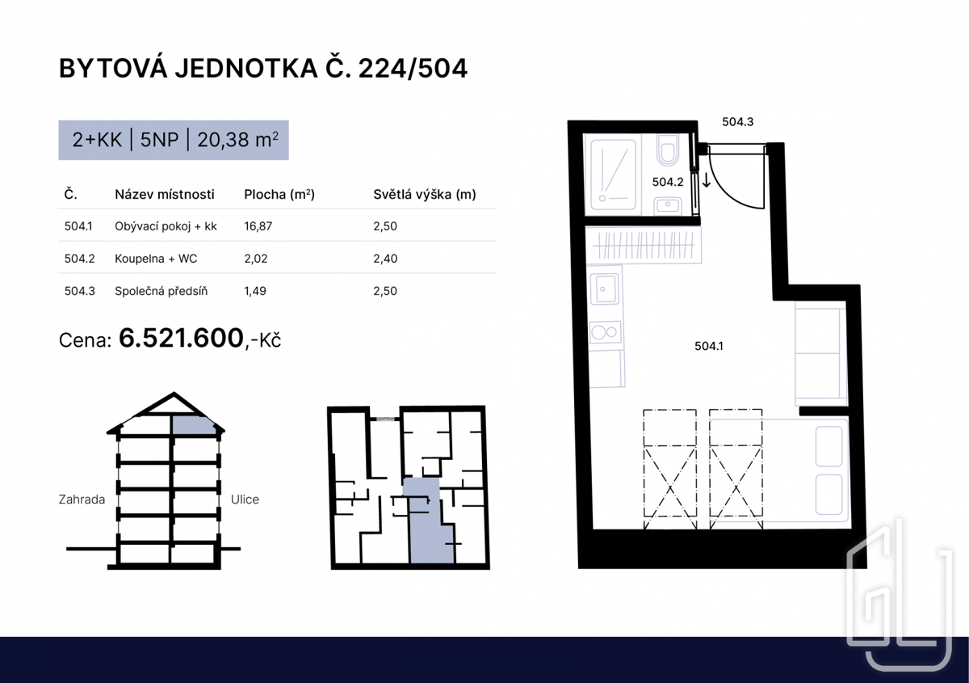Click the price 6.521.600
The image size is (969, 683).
(x=181, y=338)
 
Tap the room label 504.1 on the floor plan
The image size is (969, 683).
(x=709, y=346)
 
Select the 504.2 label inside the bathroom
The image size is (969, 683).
(x=668, y=182)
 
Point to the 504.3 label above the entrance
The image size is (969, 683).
(x=737, y=122)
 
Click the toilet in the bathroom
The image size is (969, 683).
(x=668, y=150)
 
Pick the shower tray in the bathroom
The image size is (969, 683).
(x=613, y=175)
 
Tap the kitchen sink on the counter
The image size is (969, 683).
(x=605, y=289)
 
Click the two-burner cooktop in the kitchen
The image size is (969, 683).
(x=605, y=333)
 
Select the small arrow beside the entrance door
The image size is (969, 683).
(x=706, y=179)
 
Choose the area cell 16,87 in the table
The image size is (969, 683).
(x=258, y=226)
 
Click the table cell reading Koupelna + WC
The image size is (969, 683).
(x=156, y=259)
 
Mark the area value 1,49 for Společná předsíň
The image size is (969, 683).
(x=255, y=291)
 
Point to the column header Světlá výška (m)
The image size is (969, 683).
(x=425, y=195)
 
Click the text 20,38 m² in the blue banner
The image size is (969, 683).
(x=237, y=140)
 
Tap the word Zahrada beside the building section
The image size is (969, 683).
(x=82, y=500)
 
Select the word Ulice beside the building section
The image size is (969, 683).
(x=245, y=500)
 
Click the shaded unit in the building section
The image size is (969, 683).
(x=193, y=425)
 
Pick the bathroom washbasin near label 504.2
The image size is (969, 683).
(x=668, y=205)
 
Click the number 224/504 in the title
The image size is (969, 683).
(x=413, y=69)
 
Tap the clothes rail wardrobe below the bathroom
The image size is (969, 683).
(x=643, y=246)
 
